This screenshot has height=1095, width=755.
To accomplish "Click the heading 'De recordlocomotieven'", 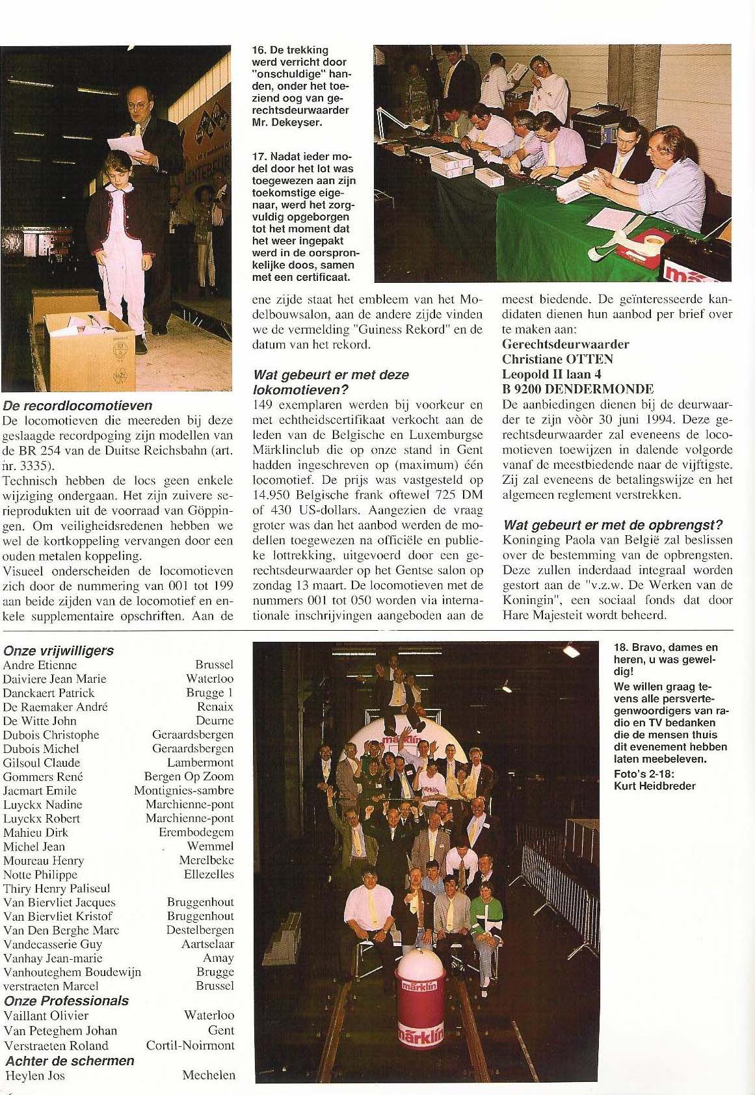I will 77,406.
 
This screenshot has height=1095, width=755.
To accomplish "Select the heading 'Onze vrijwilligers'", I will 59,651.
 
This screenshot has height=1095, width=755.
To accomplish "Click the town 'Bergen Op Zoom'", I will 189,777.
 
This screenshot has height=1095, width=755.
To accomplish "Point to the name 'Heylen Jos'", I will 35,1075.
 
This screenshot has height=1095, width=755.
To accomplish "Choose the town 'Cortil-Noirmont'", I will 190,1046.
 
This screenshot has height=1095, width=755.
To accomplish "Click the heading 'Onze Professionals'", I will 66,1001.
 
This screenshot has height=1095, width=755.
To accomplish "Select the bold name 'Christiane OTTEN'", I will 558,359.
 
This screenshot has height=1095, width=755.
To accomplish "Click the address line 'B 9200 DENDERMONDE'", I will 578,389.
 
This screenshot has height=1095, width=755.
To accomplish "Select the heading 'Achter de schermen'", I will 70,1061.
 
